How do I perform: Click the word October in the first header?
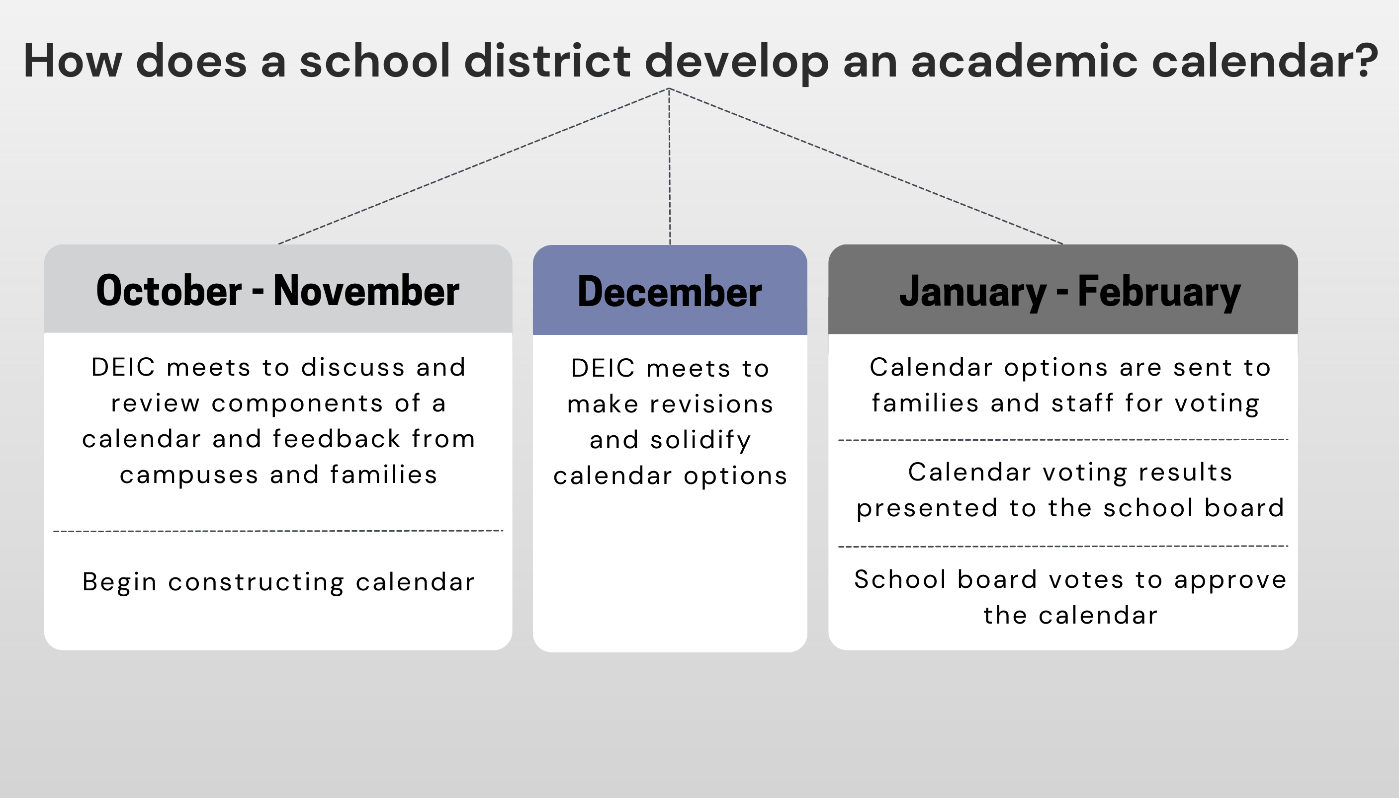pyautogui.click(x=169, y=291)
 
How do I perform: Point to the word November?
pyautogui.click(x=366, y=291)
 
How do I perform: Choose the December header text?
pyautogui.click(x=669, y=292)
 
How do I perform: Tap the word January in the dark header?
pyautogui.click(x=973, y=292)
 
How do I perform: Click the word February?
pyautogui.click(x=1159, y=292)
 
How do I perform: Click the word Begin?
pyautogui.click(x=119, y=582)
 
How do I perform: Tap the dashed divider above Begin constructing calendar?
pyautogui.click(x=278, y=531)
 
